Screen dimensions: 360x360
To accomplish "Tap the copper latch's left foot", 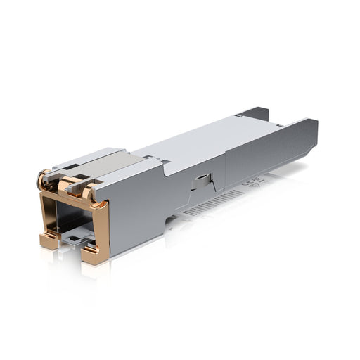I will click(x=49, y=240).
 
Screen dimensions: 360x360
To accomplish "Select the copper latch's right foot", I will click(x=93, y=253).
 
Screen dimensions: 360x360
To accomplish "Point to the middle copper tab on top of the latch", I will click(x=69, y=185).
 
